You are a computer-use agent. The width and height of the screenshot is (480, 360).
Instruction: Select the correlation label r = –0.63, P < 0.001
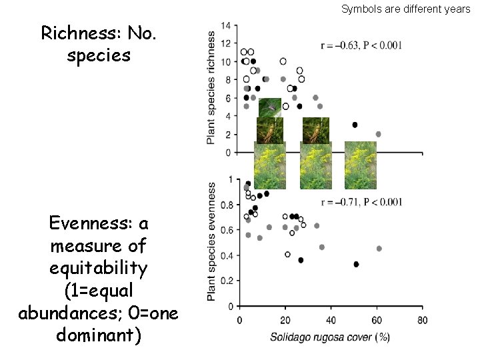361,45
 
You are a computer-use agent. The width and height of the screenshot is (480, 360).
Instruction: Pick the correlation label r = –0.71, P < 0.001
361,202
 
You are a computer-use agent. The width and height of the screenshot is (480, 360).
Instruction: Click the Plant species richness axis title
211,87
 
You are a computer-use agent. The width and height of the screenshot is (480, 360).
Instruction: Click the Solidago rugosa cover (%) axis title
329,337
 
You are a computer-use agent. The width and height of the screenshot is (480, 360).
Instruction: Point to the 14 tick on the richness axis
226,25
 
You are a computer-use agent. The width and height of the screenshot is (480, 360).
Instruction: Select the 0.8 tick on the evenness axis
227,205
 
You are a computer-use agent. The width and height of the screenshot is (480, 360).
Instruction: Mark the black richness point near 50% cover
355,125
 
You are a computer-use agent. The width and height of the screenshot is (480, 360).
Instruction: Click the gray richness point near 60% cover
378,134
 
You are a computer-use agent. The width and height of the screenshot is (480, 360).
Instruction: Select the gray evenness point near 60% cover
379,249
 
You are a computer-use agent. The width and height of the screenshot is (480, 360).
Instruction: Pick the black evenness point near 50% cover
356,264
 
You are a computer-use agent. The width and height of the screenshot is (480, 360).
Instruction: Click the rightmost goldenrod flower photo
360,165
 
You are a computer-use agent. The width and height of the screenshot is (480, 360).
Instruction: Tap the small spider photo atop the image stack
270,107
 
